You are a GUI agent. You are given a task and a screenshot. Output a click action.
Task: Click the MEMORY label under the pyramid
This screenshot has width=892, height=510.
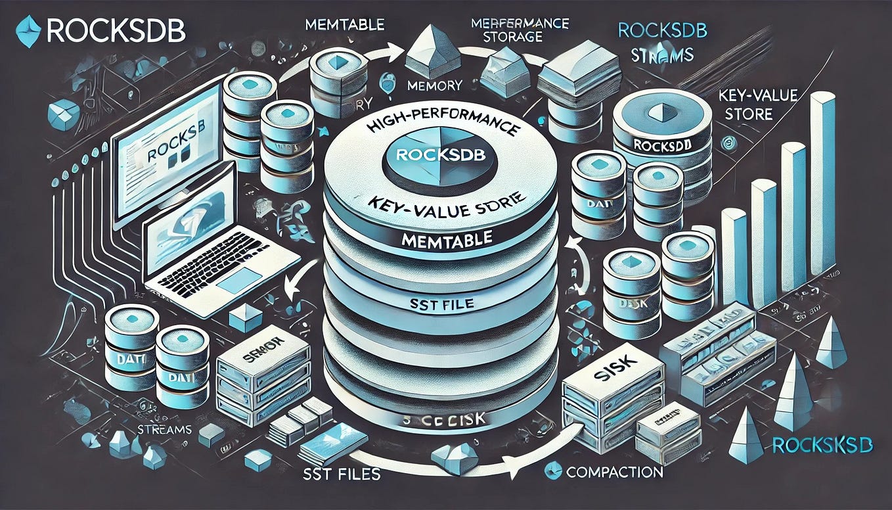click(434, 85)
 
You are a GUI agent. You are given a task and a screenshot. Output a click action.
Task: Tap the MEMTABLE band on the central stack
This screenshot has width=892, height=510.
click(441, 241)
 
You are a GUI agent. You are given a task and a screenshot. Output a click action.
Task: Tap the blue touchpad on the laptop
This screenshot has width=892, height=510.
click(242, 285)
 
